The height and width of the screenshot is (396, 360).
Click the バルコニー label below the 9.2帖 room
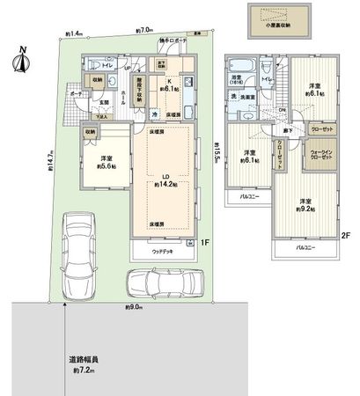(x=302, y=248)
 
